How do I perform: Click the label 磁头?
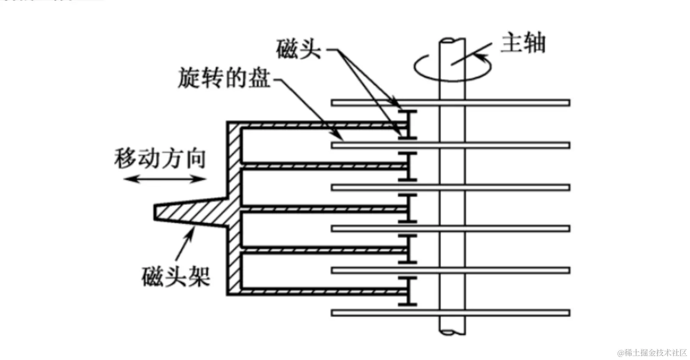tap(298, 49)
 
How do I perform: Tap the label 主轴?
tap(523, 44)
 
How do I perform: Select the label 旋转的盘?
tap(224, 78)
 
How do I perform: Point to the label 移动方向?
tap(160, 159)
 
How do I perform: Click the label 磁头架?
tap(176, 276)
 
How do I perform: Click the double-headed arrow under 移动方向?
tap(164, 179)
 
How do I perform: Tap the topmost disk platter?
tap(451, 103)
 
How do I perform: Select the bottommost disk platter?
tap(451, 313)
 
